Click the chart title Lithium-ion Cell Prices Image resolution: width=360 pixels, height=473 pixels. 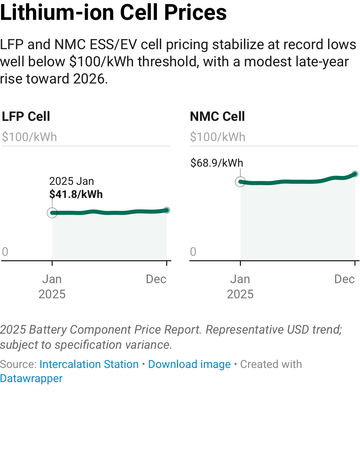coord(113,13)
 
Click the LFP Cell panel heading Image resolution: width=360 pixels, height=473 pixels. coord(26,116)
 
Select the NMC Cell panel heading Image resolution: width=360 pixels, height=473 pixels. coord(217,116)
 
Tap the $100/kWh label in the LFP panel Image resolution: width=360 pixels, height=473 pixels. coord(30,137)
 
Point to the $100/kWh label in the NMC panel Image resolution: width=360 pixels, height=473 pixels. coord(218,137)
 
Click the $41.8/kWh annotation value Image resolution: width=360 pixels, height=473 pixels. coord(76,194)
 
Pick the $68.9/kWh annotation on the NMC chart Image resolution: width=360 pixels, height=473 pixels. coord(217,163)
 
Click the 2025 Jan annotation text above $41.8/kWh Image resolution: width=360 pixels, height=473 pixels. coord(72,181)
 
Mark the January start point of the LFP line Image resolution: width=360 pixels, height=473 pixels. coord(52,213)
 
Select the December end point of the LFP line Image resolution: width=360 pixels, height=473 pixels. coord(167,210)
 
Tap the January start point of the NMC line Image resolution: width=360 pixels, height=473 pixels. coord(240,182)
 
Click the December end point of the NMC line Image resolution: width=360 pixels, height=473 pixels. coord(355,174)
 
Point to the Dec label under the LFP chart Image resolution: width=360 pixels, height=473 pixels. coord(156,279)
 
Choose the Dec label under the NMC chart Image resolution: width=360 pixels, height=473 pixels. coord(344,279)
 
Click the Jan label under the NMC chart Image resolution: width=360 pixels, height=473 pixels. coord(240,279)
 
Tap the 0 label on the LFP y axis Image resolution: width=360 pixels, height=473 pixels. coord(5,251)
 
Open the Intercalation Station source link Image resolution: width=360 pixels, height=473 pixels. coord(89,364)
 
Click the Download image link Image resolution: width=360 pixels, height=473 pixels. coord(189,364)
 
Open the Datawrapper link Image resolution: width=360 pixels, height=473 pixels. coord(31,378)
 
